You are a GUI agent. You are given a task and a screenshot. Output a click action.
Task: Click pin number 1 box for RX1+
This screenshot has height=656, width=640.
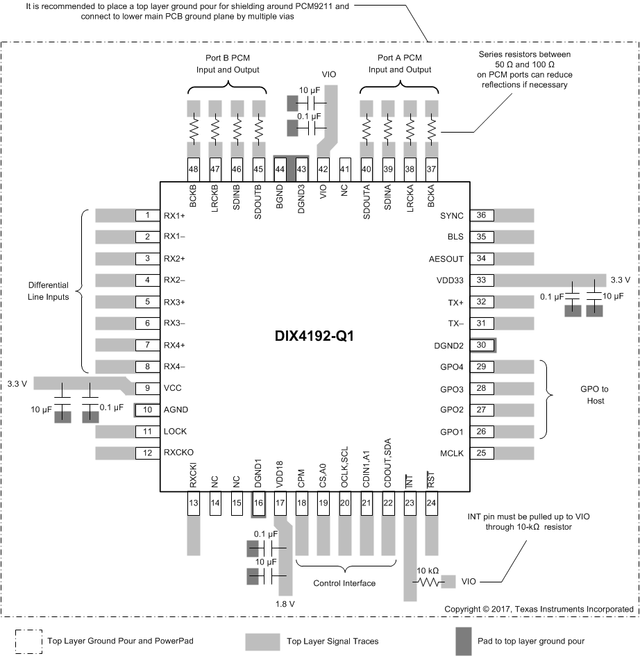coord(147,215)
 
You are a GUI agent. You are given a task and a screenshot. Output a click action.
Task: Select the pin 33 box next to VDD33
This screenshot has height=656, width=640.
coord(481,280)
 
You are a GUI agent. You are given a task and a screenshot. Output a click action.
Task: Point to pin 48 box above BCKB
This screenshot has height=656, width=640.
coord(194,169)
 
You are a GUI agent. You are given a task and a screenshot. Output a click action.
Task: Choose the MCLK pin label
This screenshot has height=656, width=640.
coord(451,453)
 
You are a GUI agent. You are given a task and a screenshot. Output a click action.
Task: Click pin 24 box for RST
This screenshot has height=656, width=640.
coord(432,503)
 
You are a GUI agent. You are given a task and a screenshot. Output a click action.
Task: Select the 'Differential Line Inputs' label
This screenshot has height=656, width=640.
coord(49,291)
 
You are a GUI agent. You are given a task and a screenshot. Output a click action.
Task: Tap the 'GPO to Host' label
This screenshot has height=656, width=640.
coord(593,395)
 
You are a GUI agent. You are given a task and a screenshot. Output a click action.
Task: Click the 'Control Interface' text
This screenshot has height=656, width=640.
coord(344,583)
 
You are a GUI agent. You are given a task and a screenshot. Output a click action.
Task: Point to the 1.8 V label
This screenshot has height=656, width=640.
coord(285,603)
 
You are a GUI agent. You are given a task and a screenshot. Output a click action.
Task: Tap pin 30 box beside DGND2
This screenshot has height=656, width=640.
coord(481,345)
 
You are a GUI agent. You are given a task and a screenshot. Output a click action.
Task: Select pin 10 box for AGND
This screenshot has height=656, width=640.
coord(147,410)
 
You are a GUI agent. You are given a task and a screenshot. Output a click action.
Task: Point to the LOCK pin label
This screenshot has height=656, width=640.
coord(175,432)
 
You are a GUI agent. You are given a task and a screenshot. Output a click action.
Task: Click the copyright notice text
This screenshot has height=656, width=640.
coord(539,609)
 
